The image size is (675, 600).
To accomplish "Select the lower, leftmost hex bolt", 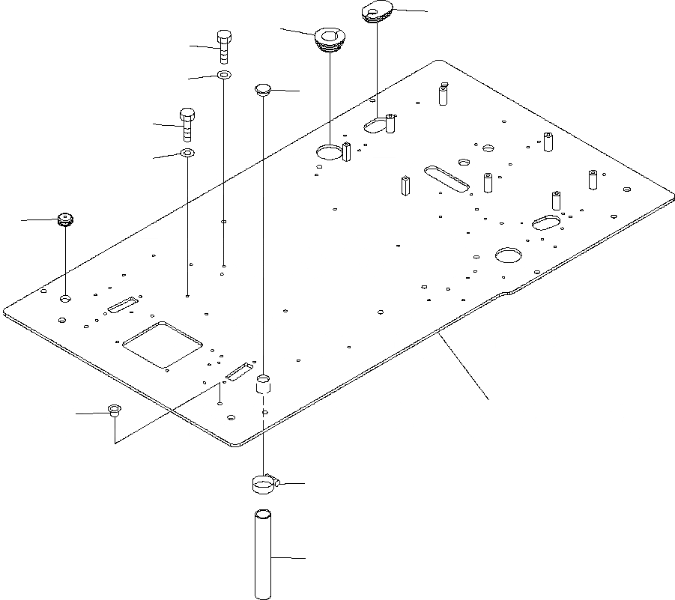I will [187, 124].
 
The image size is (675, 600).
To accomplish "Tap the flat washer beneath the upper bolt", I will [223, 75].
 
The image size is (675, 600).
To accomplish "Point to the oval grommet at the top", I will [376, 12].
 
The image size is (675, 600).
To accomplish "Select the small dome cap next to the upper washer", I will [262, 90].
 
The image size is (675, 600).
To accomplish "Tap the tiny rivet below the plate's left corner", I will [114, 410].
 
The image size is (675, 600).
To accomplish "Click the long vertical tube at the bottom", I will [262, 554].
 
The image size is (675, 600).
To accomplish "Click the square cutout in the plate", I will [162, 345].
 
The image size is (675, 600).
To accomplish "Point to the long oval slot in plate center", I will [447, 179].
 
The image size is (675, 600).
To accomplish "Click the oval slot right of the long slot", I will [546, 222].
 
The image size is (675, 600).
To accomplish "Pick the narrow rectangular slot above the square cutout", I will [122, 304].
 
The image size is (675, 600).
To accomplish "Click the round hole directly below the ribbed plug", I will [66, 298].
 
